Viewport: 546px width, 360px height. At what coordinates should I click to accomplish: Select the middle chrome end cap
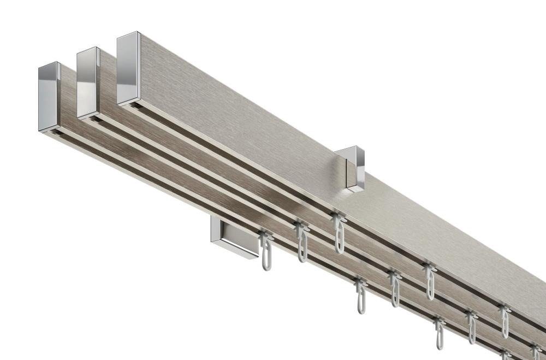[87, 81]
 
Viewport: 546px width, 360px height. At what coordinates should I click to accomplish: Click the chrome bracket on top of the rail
[347, 169]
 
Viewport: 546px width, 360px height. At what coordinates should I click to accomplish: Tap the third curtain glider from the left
[339, 232]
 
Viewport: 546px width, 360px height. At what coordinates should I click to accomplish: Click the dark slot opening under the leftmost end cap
[50, 132]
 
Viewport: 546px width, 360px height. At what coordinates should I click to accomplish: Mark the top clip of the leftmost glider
[267, 235]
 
